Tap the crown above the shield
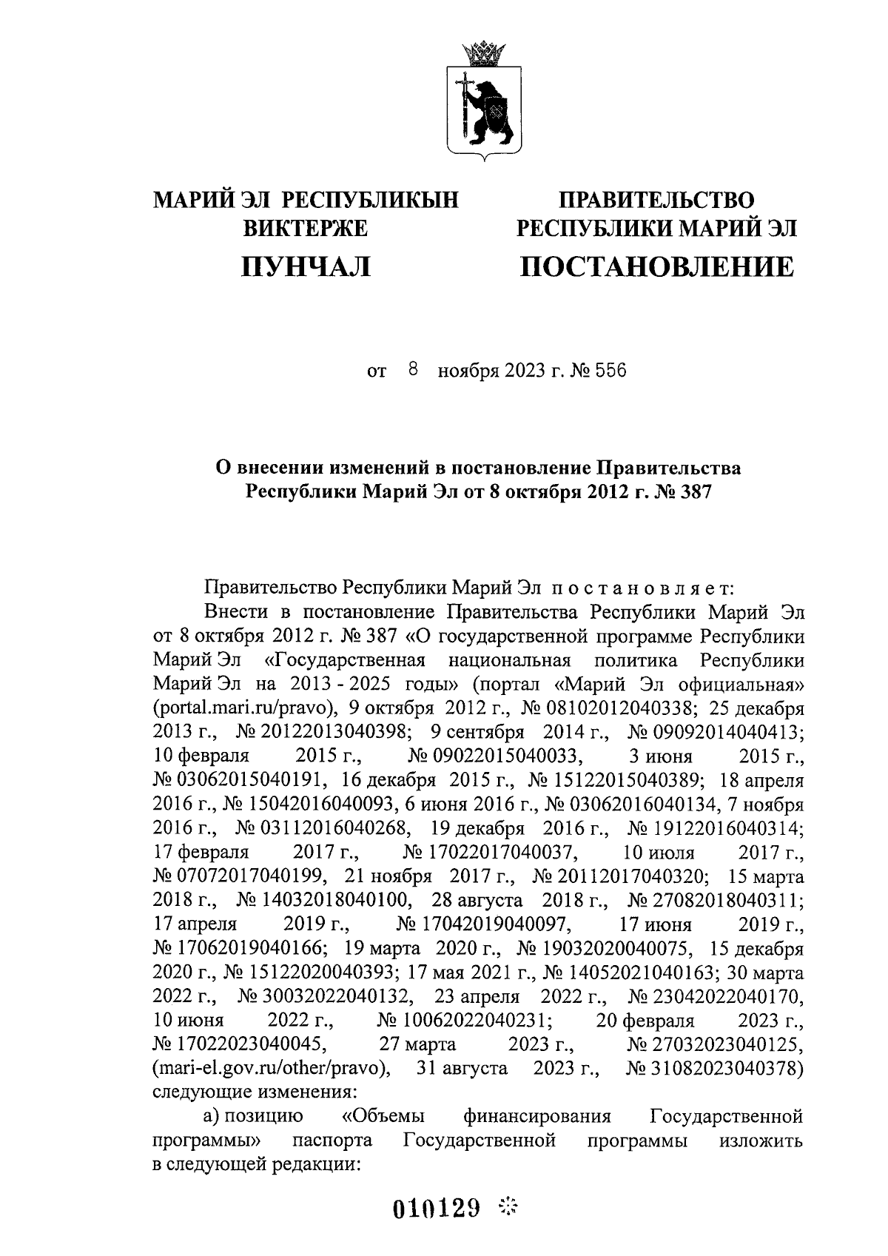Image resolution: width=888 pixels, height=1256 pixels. click(484, 53)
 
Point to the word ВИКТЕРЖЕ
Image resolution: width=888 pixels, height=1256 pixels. click(305, 229)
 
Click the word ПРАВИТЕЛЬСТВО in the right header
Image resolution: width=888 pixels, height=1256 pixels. click(656, 200)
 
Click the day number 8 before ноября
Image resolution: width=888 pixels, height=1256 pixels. click(413, 369)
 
